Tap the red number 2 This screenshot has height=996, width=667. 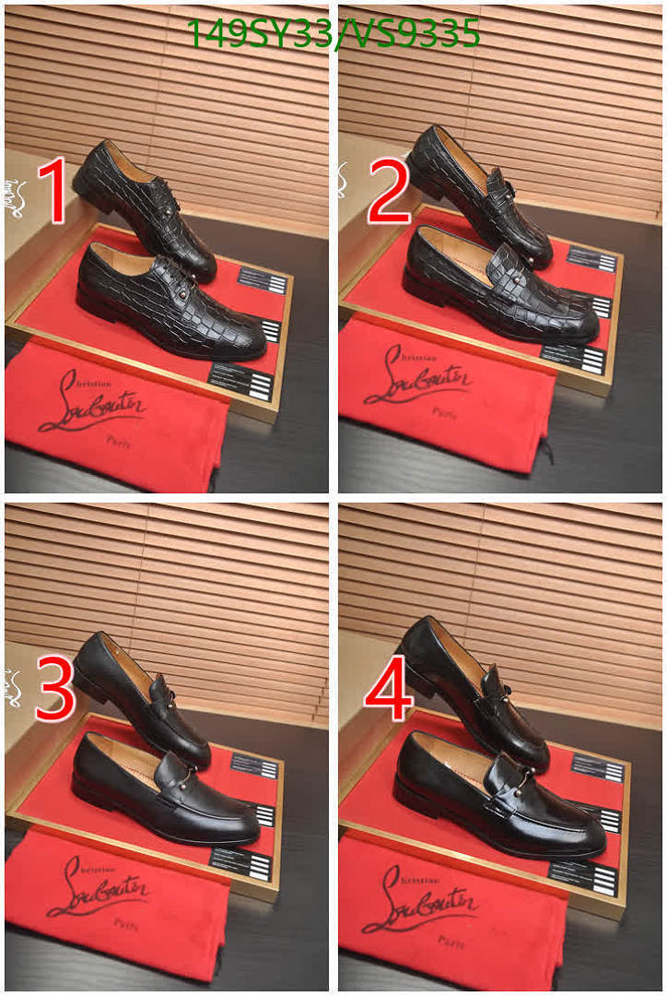[388, 192]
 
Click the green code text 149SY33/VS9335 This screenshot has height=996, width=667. [333, 33]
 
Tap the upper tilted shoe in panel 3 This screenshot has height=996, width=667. [138, 696]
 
